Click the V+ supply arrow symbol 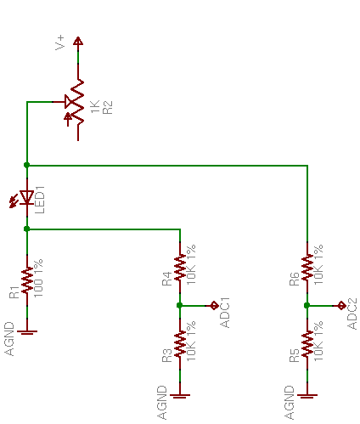(x=78, y=41)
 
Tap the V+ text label (x=60, y=42)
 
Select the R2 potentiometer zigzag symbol (x=77, y=102)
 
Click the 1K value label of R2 (x=95, y=106)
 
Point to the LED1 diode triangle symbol (x=27, y=197)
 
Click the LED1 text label (x=39, y=200)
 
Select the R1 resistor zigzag (x=27, y=280)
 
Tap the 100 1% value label (x=38, y=278)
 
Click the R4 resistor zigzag (x=180, y=267)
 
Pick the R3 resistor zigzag (x=180, y=343)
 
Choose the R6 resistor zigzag (x=307, y=267)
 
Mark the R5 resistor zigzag (x=307, y=343)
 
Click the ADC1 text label (x=225, y=313)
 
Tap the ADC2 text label (x=352, y=314)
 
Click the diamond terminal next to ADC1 (x=214, y=306)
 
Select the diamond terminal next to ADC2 (x=341, y=306)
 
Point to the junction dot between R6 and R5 (x=307, y=305)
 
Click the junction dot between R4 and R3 (x=179, y=305)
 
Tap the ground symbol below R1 (x=27, y=332)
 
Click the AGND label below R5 (x=290, y=403)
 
